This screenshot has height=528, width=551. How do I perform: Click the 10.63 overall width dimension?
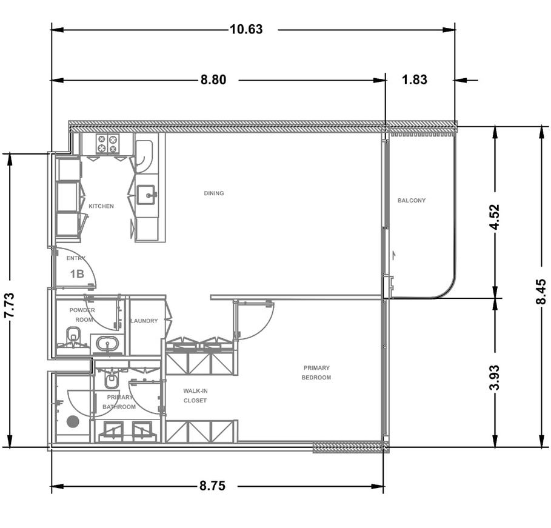246,29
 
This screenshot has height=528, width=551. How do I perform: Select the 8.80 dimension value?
213,80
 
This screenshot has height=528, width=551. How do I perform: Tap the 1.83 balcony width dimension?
415,80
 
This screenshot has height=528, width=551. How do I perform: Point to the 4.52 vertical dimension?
495,217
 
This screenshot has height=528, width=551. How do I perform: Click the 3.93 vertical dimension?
495,378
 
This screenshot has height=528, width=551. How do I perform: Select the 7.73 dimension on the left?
9,305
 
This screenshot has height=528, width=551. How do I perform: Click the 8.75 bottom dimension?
212,486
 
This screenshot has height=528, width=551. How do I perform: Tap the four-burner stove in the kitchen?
107,144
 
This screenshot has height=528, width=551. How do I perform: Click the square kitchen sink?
146,195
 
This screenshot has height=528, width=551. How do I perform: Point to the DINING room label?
213,193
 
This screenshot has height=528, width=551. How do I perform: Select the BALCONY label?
412,201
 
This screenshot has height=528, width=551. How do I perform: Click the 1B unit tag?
77,273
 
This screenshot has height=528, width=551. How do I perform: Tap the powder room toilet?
73,338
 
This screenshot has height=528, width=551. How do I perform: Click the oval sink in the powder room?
107,344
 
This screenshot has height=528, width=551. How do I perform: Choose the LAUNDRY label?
144,321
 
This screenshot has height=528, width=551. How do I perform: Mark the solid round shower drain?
73,421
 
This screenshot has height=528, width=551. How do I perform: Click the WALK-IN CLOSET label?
195,395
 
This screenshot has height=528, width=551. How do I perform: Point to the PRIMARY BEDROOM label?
316,373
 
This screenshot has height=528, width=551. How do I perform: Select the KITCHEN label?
101,206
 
